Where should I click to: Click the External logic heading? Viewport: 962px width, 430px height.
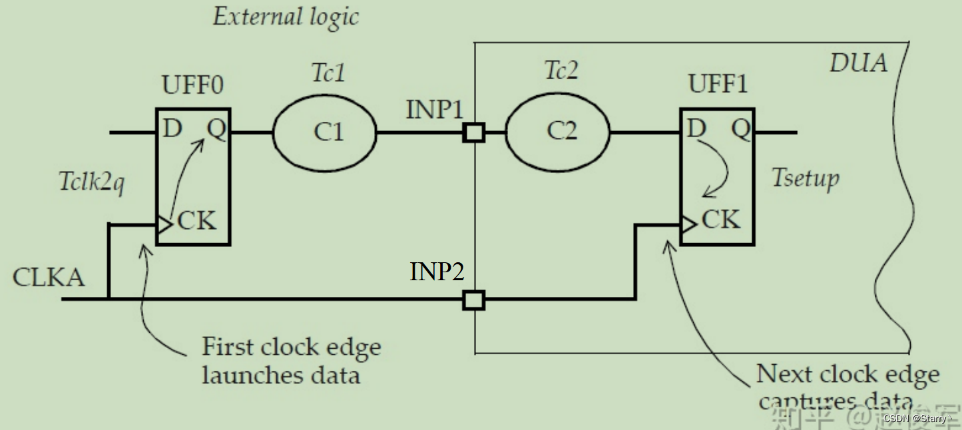click(286, 17)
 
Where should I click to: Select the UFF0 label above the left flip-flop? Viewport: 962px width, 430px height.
click(192, 87)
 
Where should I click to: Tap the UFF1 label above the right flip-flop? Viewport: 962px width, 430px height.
click(718, 85)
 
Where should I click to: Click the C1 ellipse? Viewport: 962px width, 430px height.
click(325, 132)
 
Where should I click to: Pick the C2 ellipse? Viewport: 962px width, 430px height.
click(558, 132)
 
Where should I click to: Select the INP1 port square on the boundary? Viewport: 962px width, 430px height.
click(473, 132)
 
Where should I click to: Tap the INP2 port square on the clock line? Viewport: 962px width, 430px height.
click(473, 300)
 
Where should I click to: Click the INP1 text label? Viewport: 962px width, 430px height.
click(434, 110)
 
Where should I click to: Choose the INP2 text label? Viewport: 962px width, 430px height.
click(437, 272)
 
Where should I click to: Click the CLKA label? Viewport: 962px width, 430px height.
click(49, 277)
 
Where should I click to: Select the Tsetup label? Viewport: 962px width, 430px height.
click(806, 178)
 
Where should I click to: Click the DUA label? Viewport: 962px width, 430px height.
click(858, 63)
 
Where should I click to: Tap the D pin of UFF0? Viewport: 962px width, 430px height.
click(172, 128)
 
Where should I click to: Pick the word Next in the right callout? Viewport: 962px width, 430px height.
click(785, 375)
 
